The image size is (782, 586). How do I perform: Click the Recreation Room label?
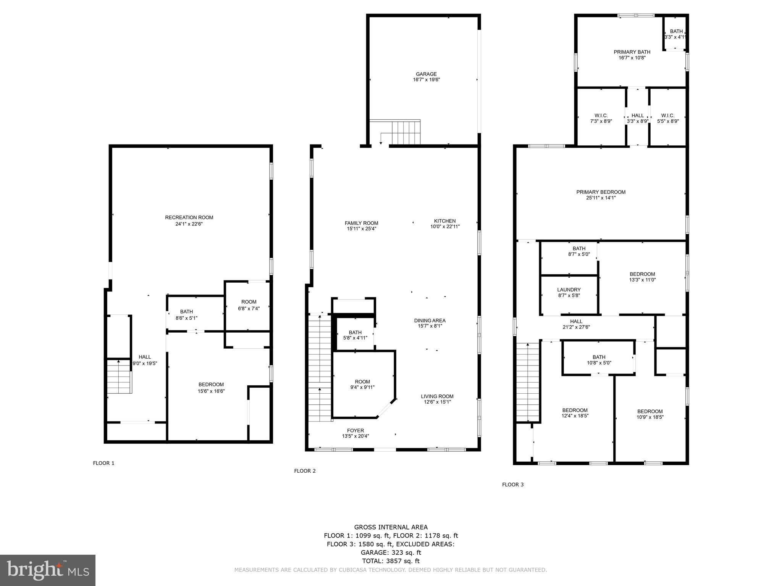click(x=189, y=217)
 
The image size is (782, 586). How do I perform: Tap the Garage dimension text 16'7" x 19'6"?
click(x=426, y=80)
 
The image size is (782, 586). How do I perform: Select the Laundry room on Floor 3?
click(x=569, y=293)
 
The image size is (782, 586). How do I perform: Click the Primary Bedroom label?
click(x=601, y=192)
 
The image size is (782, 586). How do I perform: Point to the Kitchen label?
click(x=445, y=221)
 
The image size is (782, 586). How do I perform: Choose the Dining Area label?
click(x=430, y=320)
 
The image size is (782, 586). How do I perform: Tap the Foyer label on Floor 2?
click(x=355, y=430)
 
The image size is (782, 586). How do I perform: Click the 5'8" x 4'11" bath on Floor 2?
click(x=355, y=335)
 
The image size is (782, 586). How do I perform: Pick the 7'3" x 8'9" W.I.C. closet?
click(x=601, y=118)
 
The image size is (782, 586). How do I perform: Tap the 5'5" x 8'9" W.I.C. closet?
click(x=668, y=118)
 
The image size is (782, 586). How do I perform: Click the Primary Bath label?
click(x=632, y=52)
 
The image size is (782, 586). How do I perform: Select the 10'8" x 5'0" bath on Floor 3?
click(x=599, y=360)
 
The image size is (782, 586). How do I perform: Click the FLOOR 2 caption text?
click(x=305, y=471)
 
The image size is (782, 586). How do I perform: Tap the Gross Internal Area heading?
click(x=391, y=527)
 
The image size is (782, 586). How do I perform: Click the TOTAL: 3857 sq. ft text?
click(x=391, y=561)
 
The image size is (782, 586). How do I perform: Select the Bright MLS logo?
click(x=48, y=570)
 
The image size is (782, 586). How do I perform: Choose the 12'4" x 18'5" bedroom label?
click(x=575, y=413)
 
